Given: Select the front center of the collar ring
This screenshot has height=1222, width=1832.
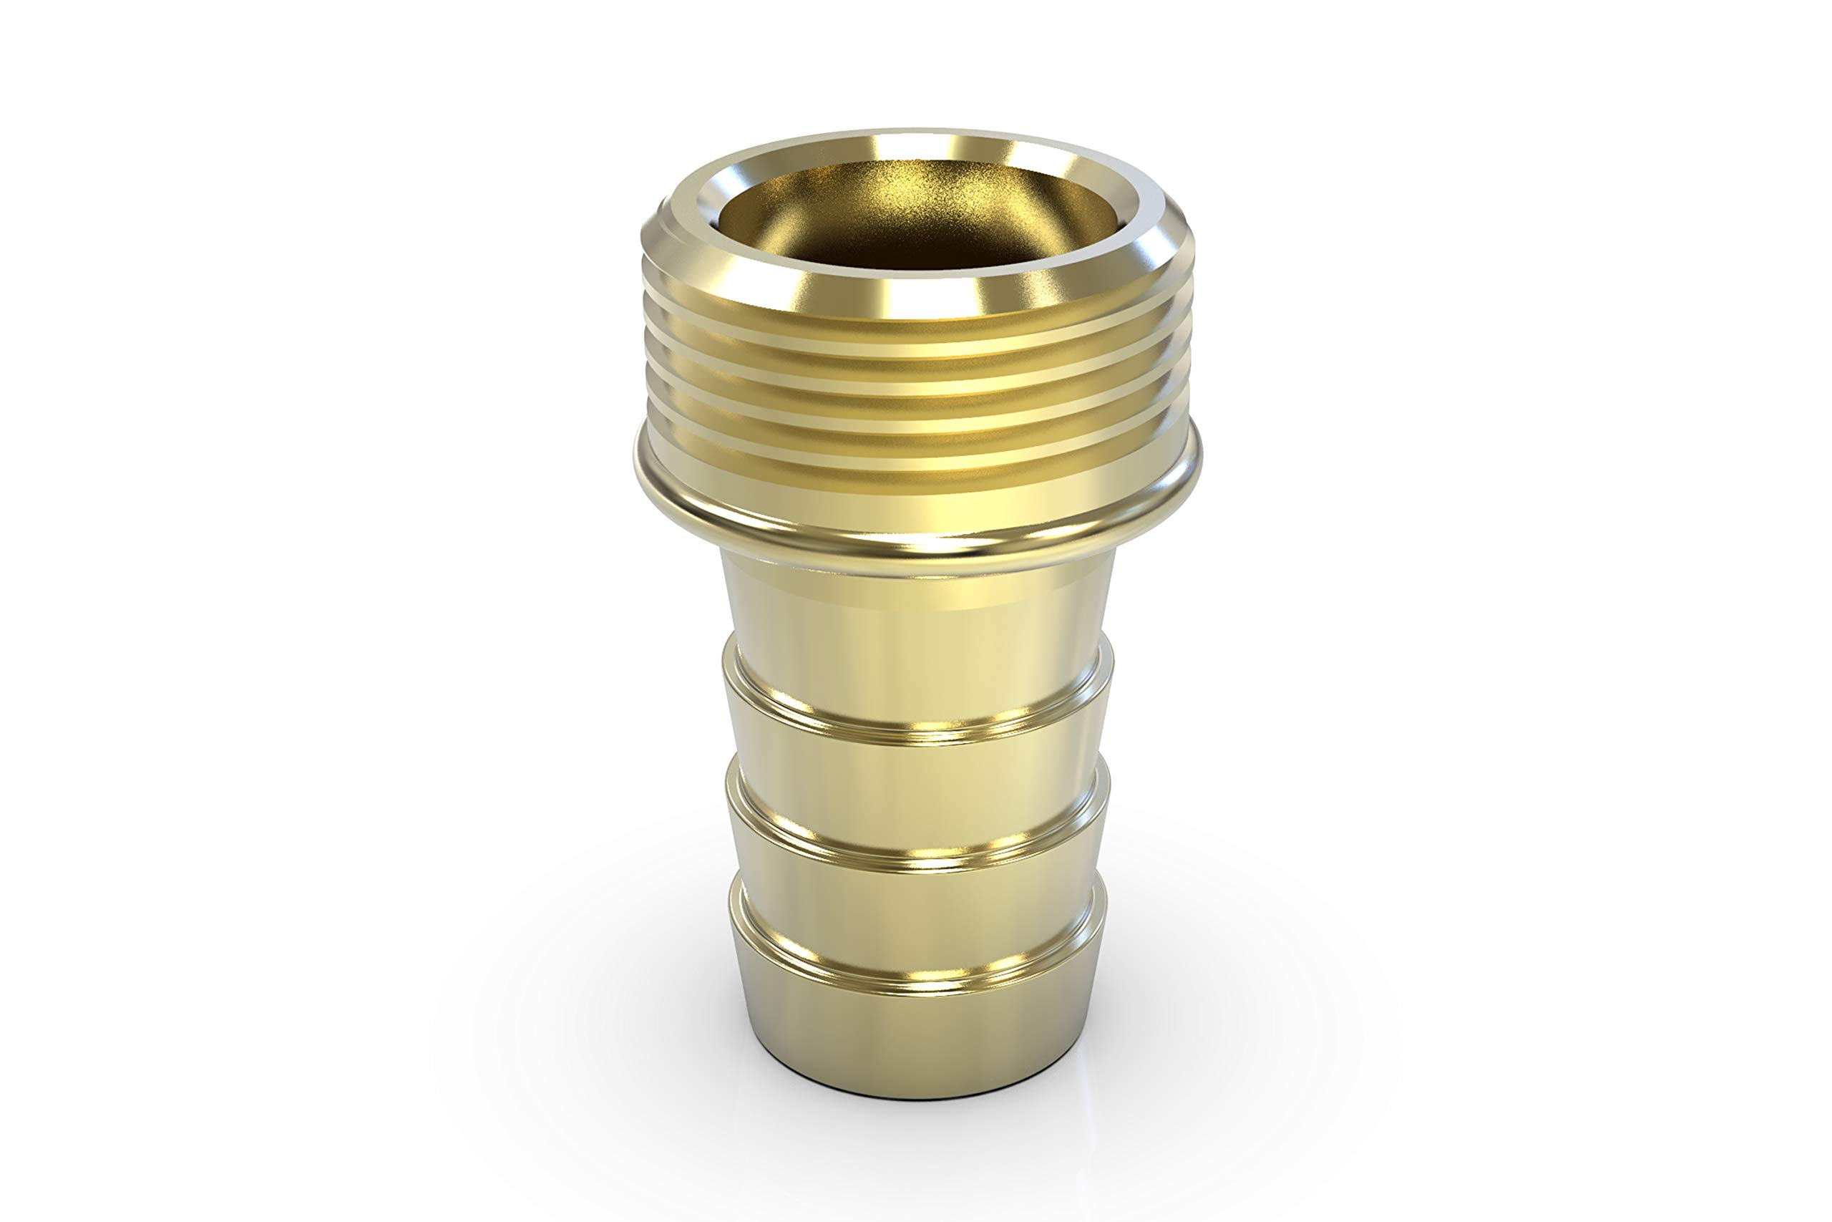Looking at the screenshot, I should coord(919,538).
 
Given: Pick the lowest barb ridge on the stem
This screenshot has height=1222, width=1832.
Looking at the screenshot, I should coord(919,978).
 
